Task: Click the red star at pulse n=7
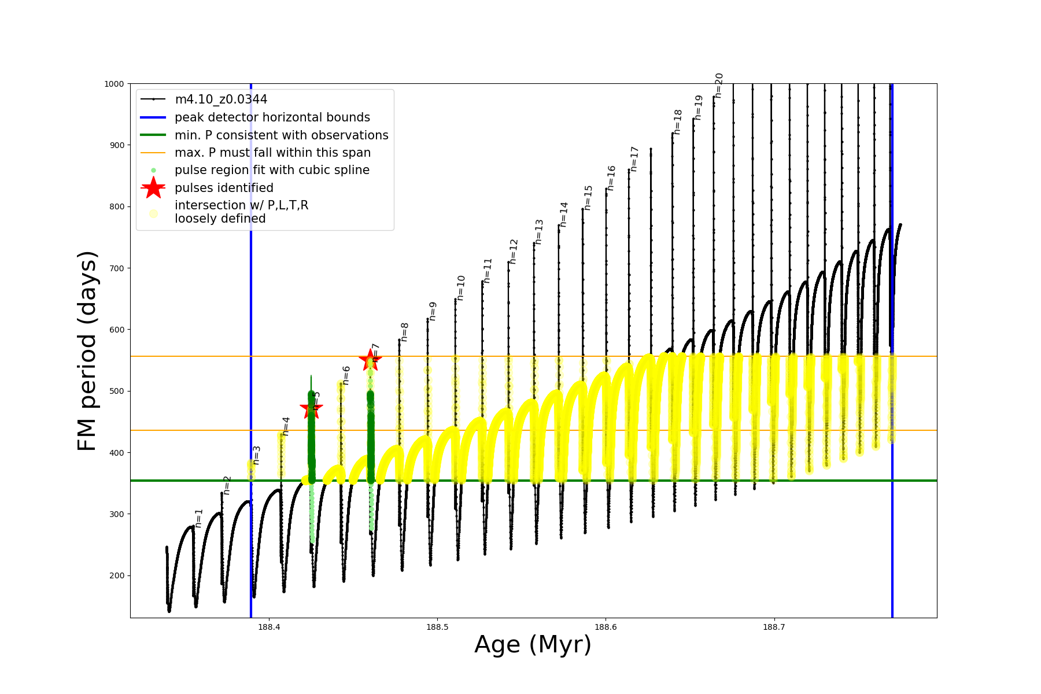pos(370,360)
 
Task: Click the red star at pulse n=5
pos(311,408)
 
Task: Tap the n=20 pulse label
pos(719,86)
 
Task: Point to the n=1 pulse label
pos(199,518)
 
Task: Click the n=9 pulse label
pos(433,311)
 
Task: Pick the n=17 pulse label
pos(634,159)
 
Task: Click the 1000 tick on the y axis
pos(114,84)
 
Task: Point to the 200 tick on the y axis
pos(117,575)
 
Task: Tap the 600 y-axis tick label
pos(117,330)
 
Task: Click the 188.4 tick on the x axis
pos(269,627)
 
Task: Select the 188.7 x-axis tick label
pos(774,627)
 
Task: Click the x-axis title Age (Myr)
pos(533,645)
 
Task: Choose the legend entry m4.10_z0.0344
pos(221,99)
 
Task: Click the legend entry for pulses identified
pos(224,188)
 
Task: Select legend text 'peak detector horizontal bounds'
pos(272,117)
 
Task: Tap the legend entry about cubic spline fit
pos(272,170)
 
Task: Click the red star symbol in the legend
pos(153,187)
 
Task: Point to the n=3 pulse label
pos(257,455)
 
